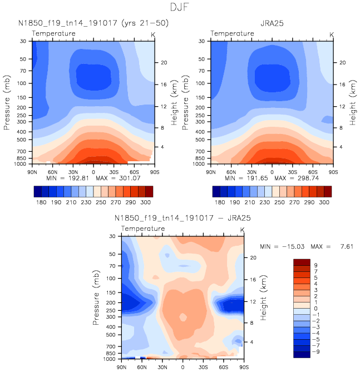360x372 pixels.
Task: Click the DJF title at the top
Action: pos(180,8)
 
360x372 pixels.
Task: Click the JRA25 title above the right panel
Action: pos(272,23)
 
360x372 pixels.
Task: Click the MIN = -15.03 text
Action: pos(282,246)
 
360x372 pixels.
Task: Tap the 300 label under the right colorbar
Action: pos(326,204)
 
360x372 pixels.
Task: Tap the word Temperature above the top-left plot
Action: pos(53,33)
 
